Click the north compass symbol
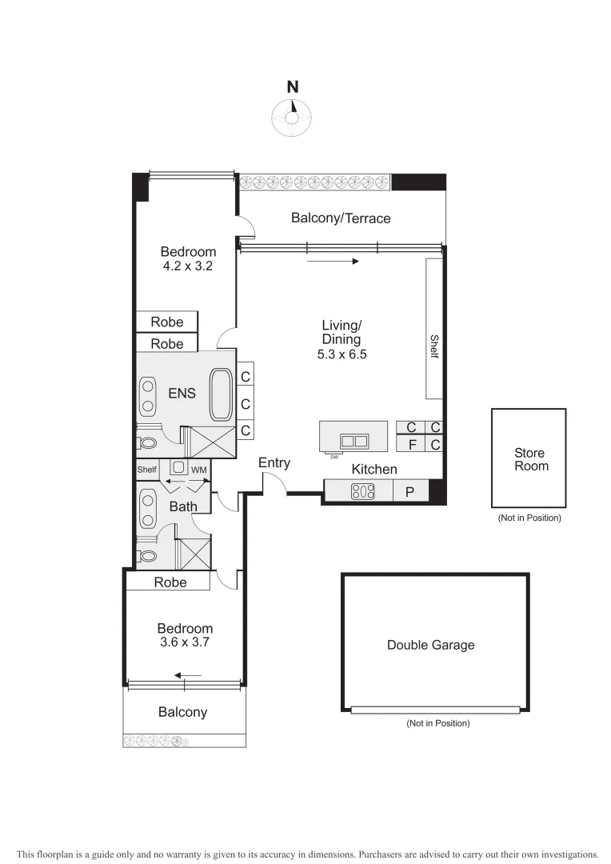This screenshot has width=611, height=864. (293, 115)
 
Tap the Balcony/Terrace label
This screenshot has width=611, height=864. (341, 218)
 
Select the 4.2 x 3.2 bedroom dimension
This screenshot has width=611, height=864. (188, 266)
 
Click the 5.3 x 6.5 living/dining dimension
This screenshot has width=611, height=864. (341, 353)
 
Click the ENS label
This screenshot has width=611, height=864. (181, 393)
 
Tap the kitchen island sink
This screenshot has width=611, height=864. (354, 440)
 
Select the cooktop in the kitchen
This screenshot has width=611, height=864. (364, 492)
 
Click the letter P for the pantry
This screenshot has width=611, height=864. (409, 492)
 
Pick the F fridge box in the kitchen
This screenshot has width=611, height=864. (412, 443)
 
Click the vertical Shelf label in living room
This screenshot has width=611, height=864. (434, 346)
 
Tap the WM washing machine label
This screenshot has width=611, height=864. (199, 469)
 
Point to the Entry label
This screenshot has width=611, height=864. (274, 462)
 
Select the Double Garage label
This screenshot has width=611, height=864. (430, 645)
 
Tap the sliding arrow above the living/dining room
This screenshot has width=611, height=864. (332, 261)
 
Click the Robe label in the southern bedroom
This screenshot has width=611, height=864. (170, 582)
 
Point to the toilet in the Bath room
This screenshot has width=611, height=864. (147, 554)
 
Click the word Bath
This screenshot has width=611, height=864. (183, 506)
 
